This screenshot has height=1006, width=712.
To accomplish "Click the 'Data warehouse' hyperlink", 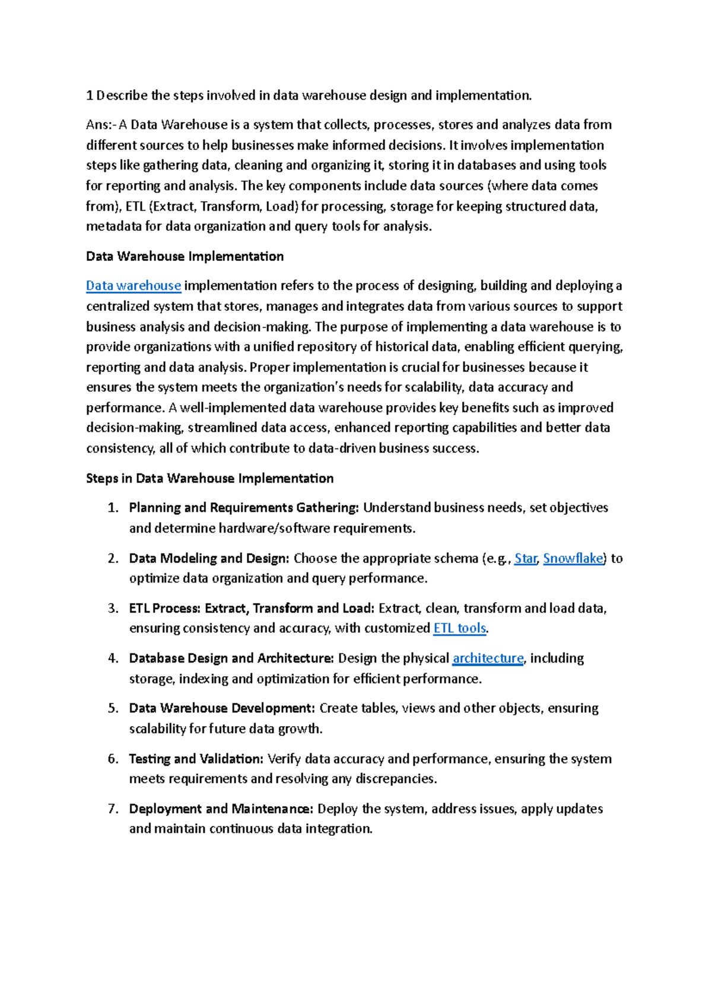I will point(133,286).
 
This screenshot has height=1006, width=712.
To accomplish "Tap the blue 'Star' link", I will point(525,559).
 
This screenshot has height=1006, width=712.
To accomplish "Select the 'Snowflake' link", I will point(573,559).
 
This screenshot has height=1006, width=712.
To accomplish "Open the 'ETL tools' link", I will point(460,628).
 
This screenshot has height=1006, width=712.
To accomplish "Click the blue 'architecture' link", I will point(488,658).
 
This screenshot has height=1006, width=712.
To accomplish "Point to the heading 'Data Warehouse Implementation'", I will point(185,256).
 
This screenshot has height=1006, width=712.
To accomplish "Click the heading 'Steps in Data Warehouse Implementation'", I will point(209,478).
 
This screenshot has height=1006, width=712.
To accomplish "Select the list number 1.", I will point(113,508).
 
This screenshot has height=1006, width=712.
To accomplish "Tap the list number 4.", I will point(113,658).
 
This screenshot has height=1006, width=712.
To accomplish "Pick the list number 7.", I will point(113,809).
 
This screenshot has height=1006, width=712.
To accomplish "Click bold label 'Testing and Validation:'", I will point(196,759).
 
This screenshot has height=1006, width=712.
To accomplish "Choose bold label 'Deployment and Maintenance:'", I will point(221,809).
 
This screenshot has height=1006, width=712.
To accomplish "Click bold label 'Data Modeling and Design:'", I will point(209,559).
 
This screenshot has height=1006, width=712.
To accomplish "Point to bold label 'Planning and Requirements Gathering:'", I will point(244,508).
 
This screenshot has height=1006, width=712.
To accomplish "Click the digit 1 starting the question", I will point(90,95).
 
